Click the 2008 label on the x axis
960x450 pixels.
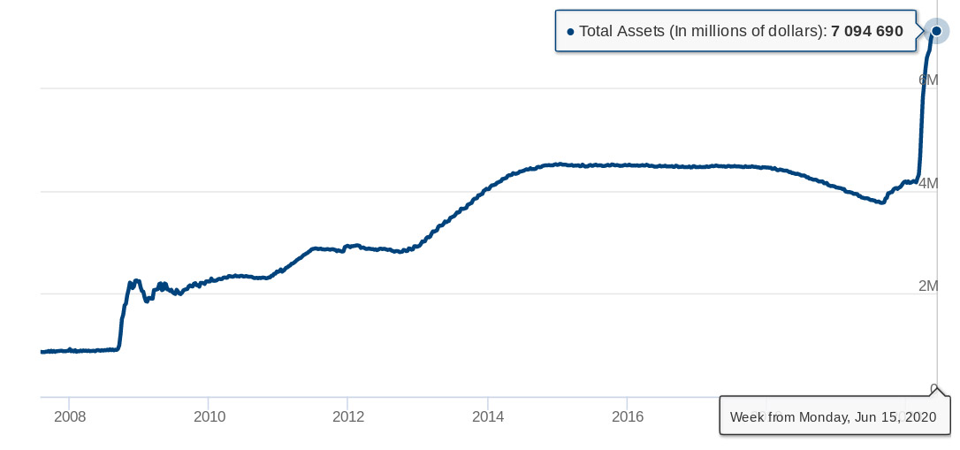pos(70,417)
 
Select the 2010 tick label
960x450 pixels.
pos(210,417)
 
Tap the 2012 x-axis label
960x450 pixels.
pos(348,417)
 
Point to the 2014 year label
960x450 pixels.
pos(488,417)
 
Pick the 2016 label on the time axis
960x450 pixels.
pos(628,417)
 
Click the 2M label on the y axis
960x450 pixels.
pos(928,286)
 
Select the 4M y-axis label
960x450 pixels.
pos(928,183)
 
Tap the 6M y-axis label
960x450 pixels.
pos(928,80)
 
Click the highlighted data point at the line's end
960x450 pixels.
pos(936,31)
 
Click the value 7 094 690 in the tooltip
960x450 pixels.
pos(867,31)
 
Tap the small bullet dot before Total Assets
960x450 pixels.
pos(571,31)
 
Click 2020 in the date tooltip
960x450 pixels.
pos(920,417)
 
